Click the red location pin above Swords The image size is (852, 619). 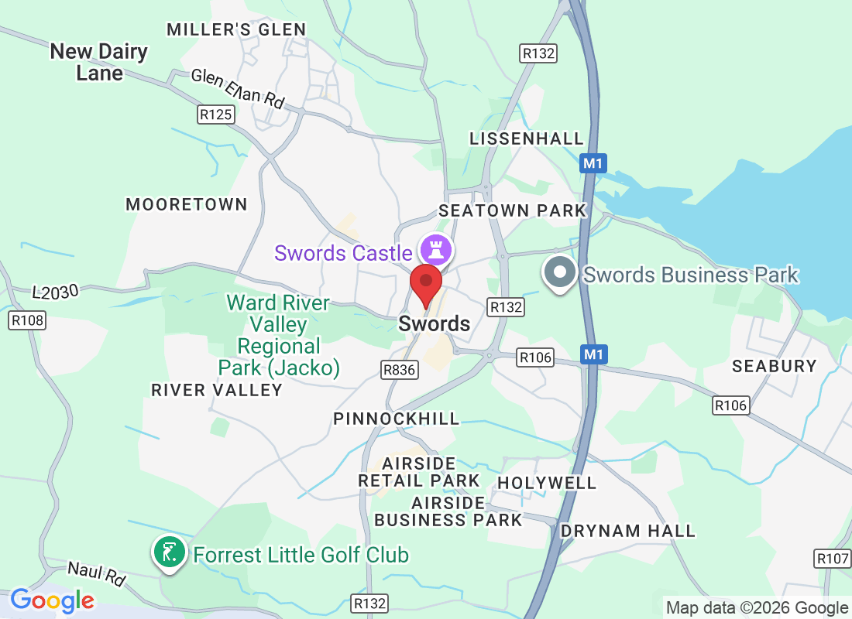tap(425, 283)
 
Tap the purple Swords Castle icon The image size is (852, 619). tap(435, 250)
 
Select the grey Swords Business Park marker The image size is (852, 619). tap(559, 274)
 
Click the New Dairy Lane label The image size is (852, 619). tap(99, 63)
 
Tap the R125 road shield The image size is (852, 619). tap(215, 115)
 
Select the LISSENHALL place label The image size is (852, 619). tap(527, 139)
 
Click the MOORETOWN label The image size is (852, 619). tap(187, 204)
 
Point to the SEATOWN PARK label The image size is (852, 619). tap(513, 210)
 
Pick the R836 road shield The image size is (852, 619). tap(400, 371)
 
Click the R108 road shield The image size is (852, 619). tap(27, 320)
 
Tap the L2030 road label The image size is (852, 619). tap(56, 292)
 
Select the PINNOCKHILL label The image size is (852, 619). tap(396, 419)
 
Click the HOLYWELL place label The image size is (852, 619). tap(547, 483)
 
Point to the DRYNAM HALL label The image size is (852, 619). tap(627, 531)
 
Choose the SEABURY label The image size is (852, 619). tap(775, 366)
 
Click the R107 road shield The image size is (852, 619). tap(833, 558)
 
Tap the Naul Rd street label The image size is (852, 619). tap(96, 574)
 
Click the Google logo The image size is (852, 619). tap(52, 600)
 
